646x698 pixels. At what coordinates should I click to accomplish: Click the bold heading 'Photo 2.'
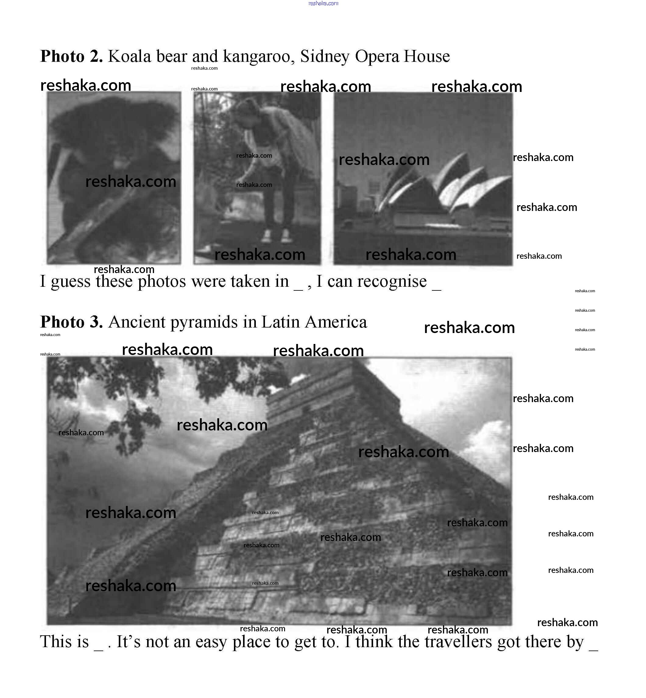click(71, 56)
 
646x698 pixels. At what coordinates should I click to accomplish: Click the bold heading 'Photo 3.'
click(71, 322)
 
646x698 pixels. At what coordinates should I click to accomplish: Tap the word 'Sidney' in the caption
click(324, 57)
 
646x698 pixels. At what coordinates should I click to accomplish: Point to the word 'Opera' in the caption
click(377, 57)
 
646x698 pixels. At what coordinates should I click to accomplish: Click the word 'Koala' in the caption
click(129, 56)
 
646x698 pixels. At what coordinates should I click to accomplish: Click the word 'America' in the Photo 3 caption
click(336, 322)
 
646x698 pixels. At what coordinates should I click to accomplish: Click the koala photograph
click(114, 177)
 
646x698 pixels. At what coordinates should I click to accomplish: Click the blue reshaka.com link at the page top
click(323, 3)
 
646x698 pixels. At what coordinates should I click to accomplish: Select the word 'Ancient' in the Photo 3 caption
click(137, 322)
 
